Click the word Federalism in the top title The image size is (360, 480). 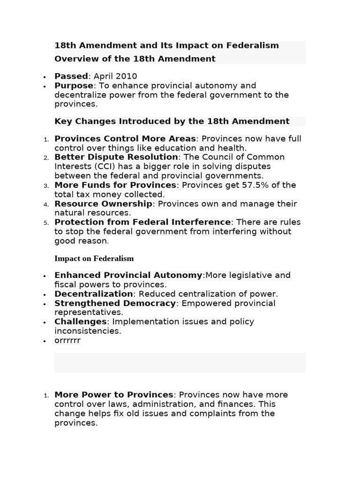tap(253, 45)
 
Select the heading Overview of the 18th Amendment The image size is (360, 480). tap(135, 59)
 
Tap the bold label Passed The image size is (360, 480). tap(71, 76)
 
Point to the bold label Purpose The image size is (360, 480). tap(74, 85)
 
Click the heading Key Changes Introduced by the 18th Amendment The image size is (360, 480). tap(172, 121)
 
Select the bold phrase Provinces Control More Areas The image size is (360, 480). tap(125, 139)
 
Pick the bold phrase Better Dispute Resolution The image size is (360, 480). tap(116, 157)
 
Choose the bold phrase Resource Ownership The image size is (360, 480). tap(103, 204)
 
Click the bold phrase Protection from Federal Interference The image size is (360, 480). tap(142, 222)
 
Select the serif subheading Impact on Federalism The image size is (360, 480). tap(94, 258)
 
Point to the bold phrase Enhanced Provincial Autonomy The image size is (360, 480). tap(128, 275)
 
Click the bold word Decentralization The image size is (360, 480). tap(94, 294)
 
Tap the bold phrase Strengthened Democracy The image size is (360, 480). tap(115, 303)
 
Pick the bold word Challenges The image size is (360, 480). tap(81, 322)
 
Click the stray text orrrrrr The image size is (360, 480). tap(67, 340)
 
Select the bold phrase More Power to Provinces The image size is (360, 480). tap(114, 395)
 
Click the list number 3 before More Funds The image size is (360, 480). tap(46, 186)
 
